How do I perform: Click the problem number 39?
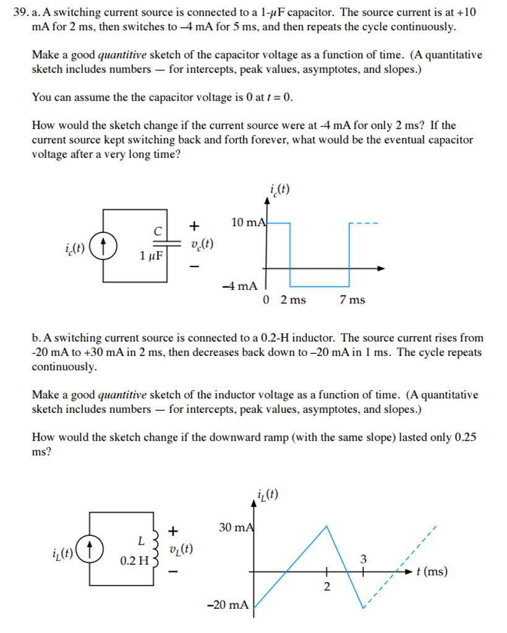pos(20,12)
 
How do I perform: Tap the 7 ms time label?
pos(352,300)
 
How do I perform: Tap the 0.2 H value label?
pos(134,561)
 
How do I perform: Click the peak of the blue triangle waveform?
pos(326,525)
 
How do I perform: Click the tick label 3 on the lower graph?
pos(364,559)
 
